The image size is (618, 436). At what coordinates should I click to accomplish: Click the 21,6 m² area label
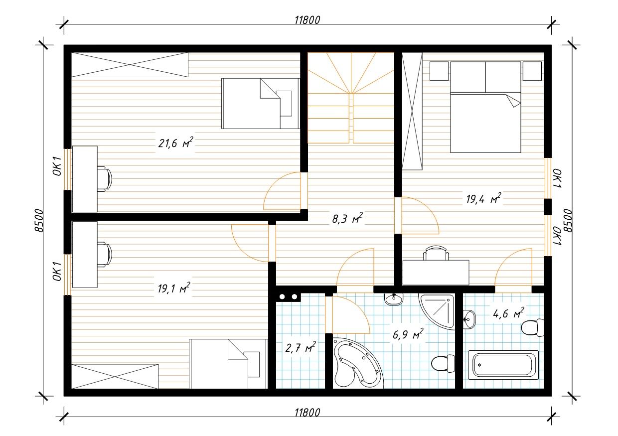tap(175, 143)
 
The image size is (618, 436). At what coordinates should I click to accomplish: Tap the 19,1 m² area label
tap(174, 288)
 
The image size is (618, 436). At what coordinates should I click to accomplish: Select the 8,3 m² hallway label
tap(347, 218)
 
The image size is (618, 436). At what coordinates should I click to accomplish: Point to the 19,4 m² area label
tap(483, 198)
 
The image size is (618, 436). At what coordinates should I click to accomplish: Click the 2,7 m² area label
tap(301, 348)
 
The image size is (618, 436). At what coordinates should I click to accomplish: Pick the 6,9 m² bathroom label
tap(408, 334)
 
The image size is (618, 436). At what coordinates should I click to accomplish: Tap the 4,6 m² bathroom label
tap(508, 313)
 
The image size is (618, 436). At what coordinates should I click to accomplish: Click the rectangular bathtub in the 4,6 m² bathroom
tap(503, 365)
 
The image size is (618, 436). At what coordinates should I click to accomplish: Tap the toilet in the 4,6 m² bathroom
tap(532, 327)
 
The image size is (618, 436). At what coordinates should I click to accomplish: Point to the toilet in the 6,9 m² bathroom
tap(443, 364)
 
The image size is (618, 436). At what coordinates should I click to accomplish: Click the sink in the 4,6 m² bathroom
tap(469, 319)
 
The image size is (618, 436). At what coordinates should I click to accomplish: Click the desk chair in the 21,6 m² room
tap(105, 179)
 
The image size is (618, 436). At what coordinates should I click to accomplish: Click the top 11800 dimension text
tap(308, 20)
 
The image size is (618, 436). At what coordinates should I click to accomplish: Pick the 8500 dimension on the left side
tap(39, 221)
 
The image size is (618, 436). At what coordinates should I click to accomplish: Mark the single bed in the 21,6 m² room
tap(261, 104)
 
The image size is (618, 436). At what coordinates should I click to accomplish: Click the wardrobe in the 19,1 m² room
tap(115, 376)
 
